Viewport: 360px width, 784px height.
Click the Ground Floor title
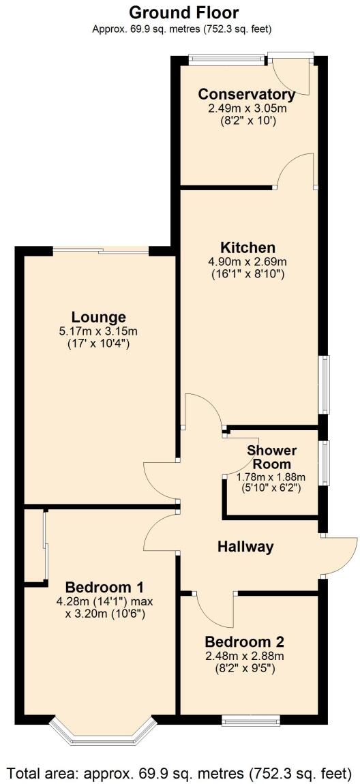[183, 12]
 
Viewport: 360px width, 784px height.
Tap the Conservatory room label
[246, 95]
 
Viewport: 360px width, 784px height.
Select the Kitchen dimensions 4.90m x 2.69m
[247, 261]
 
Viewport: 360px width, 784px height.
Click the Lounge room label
[99, 317]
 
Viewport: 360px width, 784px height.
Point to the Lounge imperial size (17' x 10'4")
[99, 344]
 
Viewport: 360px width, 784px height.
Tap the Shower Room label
[271, 457]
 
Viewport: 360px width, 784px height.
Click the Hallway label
[245, 546]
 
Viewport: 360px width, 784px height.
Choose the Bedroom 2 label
[244, 642]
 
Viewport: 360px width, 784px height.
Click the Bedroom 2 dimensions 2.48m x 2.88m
[244, 656]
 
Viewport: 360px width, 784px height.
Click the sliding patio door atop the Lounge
[101, 251]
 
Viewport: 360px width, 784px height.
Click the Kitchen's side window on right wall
[325, 385]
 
